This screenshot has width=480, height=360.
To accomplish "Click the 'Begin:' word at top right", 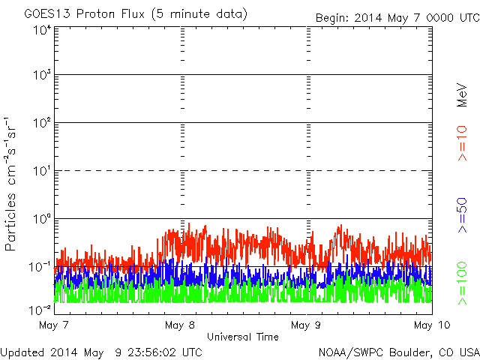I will (332, 16).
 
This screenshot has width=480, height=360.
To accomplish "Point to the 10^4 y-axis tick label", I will (41, 31).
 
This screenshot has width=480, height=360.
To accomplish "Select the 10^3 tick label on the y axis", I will (41, 75).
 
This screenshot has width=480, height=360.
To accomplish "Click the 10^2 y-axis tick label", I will (41, 122).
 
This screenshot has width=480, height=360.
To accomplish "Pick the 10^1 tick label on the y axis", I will (41, 170).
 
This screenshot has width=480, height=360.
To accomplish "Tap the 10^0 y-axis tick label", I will (41, 218).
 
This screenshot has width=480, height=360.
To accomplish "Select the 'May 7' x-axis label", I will (52, 325).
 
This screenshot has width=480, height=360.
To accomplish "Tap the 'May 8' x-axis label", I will (179, 325).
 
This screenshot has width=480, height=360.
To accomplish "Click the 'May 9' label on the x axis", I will (305, 325).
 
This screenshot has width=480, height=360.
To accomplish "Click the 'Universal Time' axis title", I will (243, 337).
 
